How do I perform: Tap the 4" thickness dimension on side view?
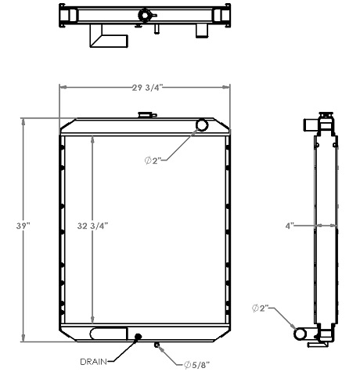pyautogui.click(x=290, y=226)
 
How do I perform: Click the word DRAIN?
pyautogui.click(x=94, y=362)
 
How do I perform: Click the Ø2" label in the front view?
pyautogui.click(x=153, y=161)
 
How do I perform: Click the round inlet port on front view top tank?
pyautogui.click(x=202, y=125)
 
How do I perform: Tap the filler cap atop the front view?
pyautogui.click(x=145, y=114)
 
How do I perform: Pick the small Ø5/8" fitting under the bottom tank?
pyautogui.click(x=157, y=345)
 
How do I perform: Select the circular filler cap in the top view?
pyautogui.click(x=145, y=15)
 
